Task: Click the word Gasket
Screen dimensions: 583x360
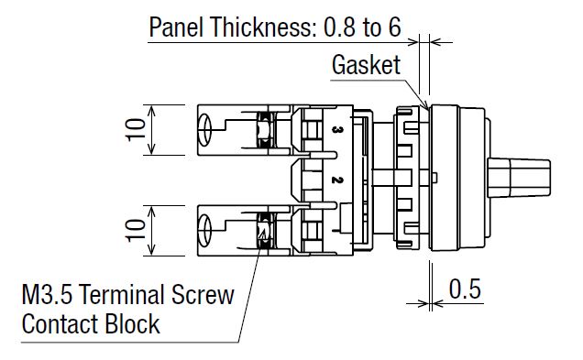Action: (x=367, y=65)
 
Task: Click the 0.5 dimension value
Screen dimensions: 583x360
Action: (x=465, y=289)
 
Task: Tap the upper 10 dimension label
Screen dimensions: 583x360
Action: (x=136, y=130)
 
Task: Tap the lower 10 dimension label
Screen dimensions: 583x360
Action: (x=136, y=230)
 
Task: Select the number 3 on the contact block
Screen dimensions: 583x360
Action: (x=336, y=130)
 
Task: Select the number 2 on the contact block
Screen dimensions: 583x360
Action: (x=336, y=180)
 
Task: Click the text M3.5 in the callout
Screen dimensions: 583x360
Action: (x=48, y=295)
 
